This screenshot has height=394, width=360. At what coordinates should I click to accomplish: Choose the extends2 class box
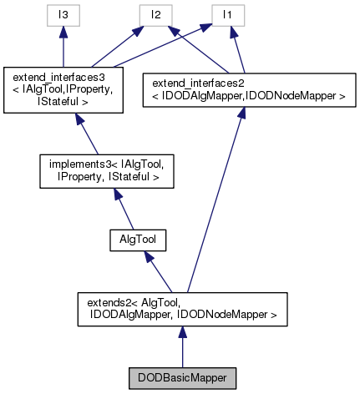182,309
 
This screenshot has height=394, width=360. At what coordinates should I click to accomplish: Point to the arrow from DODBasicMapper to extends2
182,347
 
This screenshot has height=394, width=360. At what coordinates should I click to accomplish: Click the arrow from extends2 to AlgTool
163,272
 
